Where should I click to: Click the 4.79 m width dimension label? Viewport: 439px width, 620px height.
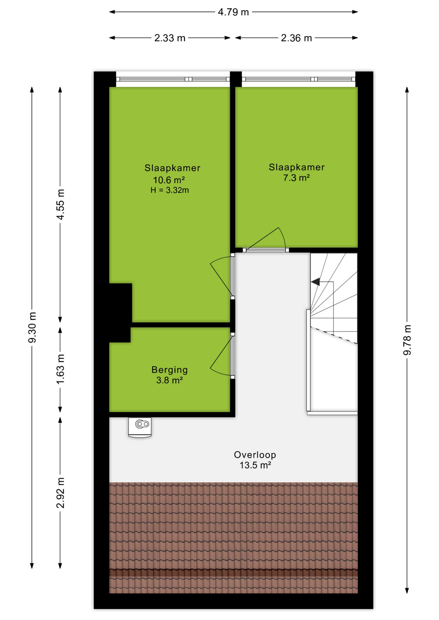coord(233,12)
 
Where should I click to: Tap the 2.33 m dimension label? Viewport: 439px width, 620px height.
coord(170,38)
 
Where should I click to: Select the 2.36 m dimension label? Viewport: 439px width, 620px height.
coord(296,38)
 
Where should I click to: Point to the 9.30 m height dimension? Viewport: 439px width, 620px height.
coord(32,327)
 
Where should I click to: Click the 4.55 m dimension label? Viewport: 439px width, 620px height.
coord(60,204)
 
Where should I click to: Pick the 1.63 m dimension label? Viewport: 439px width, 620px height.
coord(60,369)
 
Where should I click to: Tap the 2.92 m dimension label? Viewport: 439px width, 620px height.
coord(60,493)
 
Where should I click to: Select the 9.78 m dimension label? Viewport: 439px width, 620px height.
coord(407,340)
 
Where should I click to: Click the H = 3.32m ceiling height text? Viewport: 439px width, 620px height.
coord(170,190)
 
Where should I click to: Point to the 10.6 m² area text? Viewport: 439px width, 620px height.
coord(169,180)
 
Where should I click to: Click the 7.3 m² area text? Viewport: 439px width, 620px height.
coord(296,178)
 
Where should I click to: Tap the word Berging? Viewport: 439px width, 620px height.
coord(170,370)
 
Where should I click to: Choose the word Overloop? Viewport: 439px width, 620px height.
coord(255,455)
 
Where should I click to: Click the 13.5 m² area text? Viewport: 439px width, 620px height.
coord(255,465)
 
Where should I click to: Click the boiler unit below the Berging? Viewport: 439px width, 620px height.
coord(140,428)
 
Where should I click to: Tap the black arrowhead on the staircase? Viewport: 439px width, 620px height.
coord(316,282)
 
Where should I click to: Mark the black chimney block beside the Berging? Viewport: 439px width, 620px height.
coord(120,313)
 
